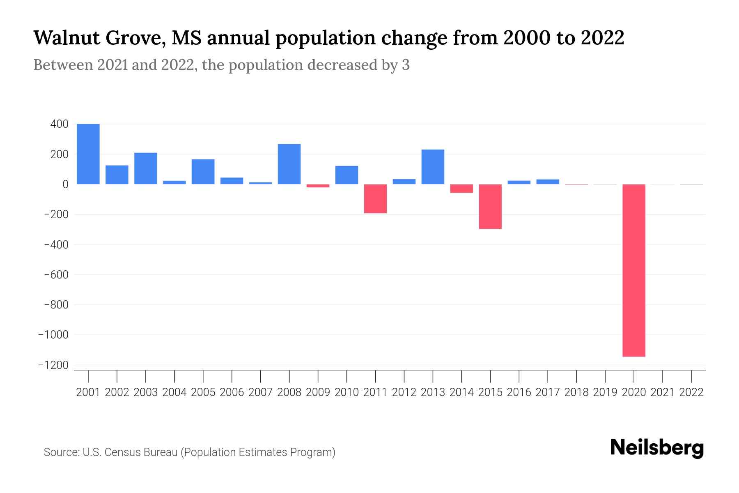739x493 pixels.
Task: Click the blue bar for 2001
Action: point(88,154)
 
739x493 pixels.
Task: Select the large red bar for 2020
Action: point(634,270)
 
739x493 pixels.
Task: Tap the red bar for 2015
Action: point(490,206)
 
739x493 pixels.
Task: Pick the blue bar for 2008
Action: point(289,164)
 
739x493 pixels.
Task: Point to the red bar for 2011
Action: point(375,198)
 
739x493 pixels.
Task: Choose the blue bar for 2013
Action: point(433,167)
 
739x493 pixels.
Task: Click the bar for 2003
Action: point(146,168)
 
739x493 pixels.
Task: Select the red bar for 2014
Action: point(461,189)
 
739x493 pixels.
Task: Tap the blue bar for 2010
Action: point(347,175)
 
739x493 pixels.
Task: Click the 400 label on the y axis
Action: point(60,124)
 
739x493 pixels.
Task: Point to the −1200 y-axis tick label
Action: point(53,365)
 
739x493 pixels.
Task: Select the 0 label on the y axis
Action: point(65,184)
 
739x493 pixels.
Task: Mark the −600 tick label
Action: point(56,274)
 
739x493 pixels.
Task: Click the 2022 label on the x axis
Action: point(691,392)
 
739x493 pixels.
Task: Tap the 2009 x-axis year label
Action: point(318,392)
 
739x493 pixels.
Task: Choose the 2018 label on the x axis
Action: point(576,392)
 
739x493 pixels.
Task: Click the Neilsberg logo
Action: point(657,448)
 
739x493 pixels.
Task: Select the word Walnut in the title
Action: point(65,38)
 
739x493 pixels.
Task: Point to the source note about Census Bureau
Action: point(189,452)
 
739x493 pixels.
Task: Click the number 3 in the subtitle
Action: point(406,65)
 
